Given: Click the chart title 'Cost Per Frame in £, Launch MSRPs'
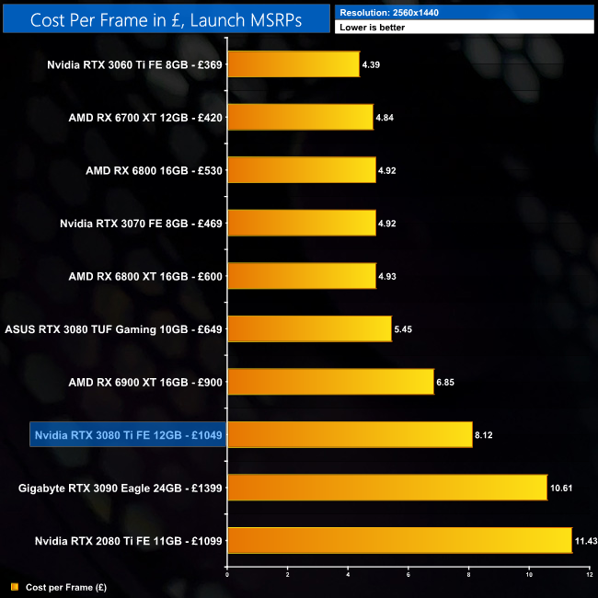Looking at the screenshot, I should tap(165, 19).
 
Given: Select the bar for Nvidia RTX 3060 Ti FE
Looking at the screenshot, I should tap(293, 64).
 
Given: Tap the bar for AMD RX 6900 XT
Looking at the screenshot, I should tap(329, 381).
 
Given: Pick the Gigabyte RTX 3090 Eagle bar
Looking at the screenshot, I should tap(386, 487).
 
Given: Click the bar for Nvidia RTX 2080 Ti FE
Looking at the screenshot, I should tap(399, 540).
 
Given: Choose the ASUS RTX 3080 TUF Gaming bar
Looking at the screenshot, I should tap(308, 328).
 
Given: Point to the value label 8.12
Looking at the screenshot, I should tap(486, 434).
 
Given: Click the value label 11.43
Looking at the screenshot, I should tap(585, 540).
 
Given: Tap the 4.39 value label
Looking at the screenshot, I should tap(372, 64).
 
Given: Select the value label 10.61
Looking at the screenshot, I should tap(561, 487).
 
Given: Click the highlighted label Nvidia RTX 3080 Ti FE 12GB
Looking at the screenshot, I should tap(128, 434).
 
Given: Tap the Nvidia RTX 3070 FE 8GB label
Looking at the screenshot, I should tap(141, 224).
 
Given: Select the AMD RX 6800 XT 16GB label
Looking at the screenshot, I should tap(144, 276).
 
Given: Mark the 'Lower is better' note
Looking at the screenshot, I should tap(372, 28).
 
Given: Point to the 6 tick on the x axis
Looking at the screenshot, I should tap(408, 575).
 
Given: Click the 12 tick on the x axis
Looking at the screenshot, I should tap(590, 575).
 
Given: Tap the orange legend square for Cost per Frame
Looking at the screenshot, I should tap(14, 586).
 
